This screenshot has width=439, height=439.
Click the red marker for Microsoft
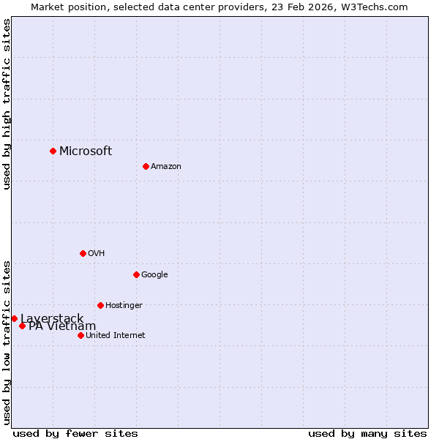[53, 151]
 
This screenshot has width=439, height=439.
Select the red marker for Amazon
[146, 166]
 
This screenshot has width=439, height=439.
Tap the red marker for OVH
[83, 253]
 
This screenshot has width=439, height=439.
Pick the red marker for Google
[136, 274]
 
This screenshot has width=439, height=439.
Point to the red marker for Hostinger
[100, 305]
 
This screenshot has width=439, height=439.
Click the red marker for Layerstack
[14, 318]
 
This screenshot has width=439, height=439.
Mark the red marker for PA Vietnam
[22, 326]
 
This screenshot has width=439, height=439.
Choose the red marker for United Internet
[80, 335]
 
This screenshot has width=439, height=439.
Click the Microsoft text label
[86, 151]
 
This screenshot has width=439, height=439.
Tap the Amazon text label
[166, 167]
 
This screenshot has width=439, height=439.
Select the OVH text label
[97, 254]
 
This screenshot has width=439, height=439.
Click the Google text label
[154, 275]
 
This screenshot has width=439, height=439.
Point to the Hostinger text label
[124, 306]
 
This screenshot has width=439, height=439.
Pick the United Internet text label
[116, 336]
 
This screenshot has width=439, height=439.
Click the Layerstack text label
[52, 318]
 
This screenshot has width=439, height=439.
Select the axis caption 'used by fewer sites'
[75, 433]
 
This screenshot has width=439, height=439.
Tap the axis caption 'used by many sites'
[367, 433]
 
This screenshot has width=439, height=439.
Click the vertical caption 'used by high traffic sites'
[7, 104]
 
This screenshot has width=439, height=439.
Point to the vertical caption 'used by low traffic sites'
[7, 342]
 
